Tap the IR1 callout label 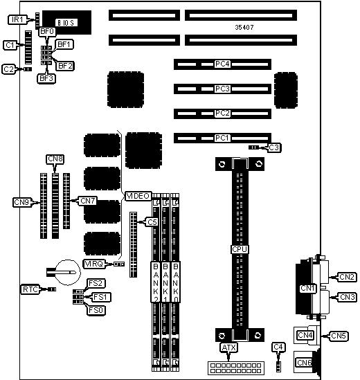[17, 19]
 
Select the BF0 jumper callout [47, 32]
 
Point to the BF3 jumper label [46, 78]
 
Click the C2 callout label [9, 69]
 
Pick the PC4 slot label [222, 64]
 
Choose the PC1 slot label [222, 138]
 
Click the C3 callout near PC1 [273, 147]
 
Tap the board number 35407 [244, 28]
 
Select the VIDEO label [138, 196]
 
